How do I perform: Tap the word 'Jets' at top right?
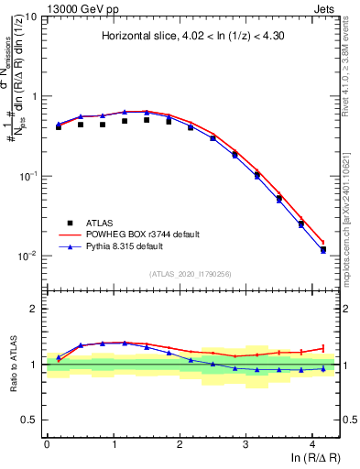(x=326, y=7)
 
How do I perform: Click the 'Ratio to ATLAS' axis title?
(x=11, y=365)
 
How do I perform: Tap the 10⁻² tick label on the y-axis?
(x=27, y=256)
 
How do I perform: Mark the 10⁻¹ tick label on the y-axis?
(x=27, y=176)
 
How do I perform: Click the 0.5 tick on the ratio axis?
(x=29, y=420)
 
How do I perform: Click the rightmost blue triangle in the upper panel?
(x=322, y=249)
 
